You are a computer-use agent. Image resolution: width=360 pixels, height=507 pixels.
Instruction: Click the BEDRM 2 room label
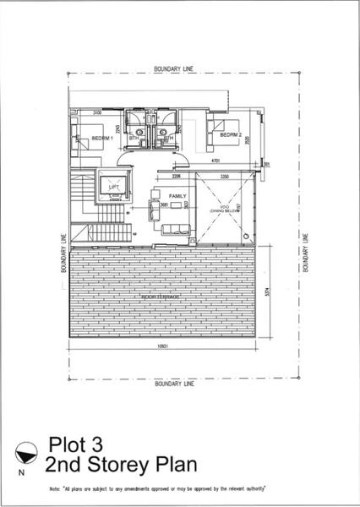[x=232, y=135]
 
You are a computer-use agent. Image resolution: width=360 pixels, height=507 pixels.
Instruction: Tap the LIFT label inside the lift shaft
[x=112, y=187]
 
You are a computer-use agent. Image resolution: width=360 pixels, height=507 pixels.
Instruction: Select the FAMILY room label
[x=177, y=196]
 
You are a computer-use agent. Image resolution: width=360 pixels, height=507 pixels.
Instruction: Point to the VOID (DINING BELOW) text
[x=221, y=209]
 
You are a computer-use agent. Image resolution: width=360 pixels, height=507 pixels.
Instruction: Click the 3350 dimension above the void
[x=225, y=177]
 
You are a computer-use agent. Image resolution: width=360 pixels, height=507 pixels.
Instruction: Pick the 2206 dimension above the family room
[x=177, y=177]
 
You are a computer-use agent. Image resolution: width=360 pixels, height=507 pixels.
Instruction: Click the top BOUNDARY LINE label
[x=173, y=68]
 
